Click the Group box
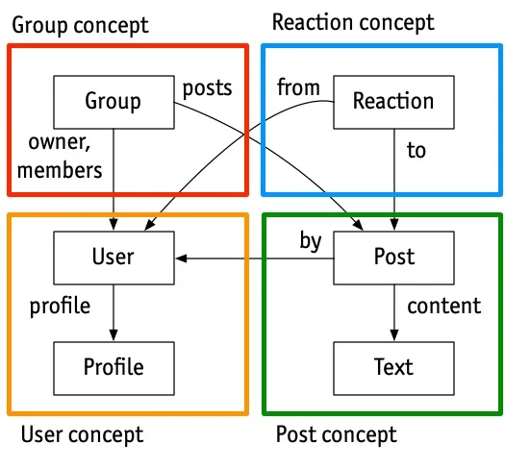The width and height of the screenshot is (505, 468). pyautogui.click(x=114, y=102)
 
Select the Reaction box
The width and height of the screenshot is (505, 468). pyautogui.click(x=393, y=102)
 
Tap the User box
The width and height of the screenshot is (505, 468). pyautogui.click(x=114, y=258)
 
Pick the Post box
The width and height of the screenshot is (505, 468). pyautogui.click(x=393, y=258)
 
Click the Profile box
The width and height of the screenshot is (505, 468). pyautogui.click(x=114, y=368)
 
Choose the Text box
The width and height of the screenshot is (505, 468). pyautogui.click(x=393, y=368)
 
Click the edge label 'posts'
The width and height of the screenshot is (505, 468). pyautogui.click(x=207, y=88)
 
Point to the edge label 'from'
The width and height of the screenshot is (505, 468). pyautogui.click(x=298, y=86)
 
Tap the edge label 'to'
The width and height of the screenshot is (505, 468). pyautogui.click(x=417, y=150)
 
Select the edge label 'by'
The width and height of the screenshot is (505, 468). pyautogui.click(x=311, y=241)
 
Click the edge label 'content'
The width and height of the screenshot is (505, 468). pyautogui.click(x=444, y=306)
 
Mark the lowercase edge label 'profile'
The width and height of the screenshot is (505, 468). pyautogui.click(x=60, y=307)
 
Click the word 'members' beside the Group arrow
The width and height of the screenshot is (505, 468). pyautogui.click(x=60, y=170)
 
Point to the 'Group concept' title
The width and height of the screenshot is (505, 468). pyautogui.click(x=80, y=25)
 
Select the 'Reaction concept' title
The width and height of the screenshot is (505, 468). pyautogui.click(x=353, y=23)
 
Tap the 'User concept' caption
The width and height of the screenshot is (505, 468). pyautogui.click(x=82, y=435)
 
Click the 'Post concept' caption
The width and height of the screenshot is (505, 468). pyautogui.click(x=337, y=435)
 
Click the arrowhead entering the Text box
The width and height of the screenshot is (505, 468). pyautogui.click(x=394, y=335)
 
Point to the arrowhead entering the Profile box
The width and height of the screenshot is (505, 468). pyautogui.click(x=114, y=335)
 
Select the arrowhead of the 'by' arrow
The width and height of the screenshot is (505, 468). pyautogui.click(x=182, y=259)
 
